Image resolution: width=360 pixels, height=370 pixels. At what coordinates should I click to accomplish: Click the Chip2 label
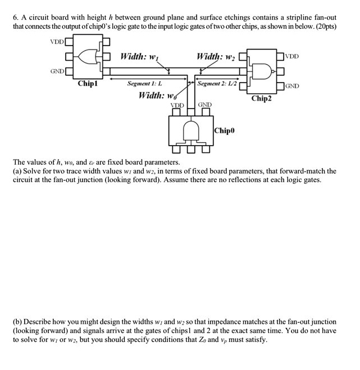262,98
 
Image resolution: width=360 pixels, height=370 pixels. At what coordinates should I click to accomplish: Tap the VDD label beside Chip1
57,42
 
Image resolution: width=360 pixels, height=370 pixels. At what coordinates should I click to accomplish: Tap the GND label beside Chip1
57,71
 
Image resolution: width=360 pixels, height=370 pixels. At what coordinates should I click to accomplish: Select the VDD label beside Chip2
292,57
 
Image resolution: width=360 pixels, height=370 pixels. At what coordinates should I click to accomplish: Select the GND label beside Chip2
292,86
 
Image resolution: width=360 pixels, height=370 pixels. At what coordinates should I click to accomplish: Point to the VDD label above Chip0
177,105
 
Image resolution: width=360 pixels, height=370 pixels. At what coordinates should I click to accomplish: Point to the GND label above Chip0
204,105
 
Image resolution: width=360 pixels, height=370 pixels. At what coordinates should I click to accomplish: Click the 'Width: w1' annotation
140,57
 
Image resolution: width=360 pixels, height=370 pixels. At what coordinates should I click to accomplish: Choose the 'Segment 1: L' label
144,83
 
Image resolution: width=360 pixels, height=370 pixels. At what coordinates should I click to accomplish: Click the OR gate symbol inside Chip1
88,56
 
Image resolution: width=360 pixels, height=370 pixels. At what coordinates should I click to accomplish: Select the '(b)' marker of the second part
18,323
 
